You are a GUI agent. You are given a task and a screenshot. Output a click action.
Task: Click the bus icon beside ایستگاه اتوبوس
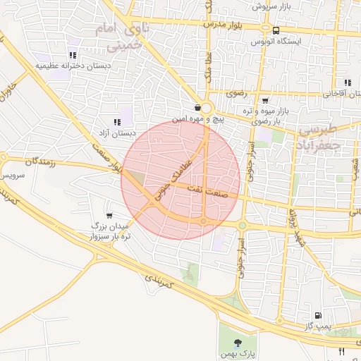point(275,30)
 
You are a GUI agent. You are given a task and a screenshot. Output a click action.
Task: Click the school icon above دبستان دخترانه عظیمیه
point(72,55)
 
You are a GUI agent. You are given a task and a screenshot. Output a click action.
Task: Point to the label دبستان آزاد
point(116,133)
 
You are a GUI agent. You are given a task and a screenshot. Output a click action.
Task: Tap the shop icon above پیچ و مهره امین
point(197,108)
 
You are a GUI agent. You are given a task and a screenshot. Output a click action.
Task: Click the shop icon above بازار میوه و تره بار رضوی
point(264,101)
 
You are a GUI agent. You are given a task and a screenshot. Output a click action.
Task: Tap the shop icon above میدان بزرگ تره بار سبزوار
point(109,215)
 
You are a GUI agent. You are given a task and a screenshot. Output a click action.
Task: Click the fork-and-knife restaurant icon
point(342,350)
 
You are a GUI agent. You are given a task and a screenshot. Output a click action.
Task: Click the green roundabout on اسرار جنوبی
point(242,225)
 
